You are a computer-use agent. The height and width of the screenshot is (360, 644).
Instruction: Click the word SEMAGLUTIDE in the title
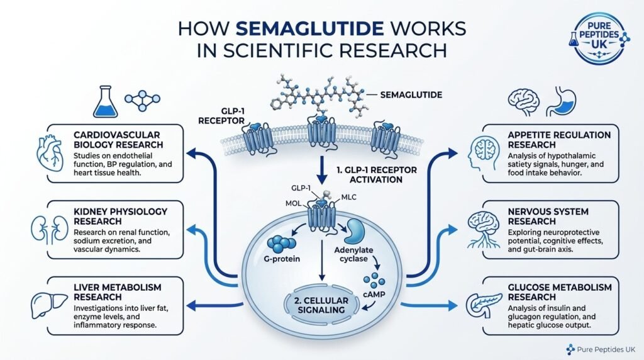point(310,28)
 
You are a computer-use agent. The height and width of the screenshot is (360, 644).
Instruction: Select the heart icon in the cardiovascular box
point(50,154)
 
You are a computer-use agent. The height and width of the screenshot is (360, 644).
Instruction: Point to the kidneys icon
point(50,229)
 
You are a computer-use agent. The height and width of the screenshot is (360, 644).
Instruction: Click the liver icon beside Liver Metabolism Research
point(49,305)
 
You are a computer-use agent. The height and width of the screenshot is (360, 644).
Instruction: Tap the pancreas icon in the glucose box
point(484,306)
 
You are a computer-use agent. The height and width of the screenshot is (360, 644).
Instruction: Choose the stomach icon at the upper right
point(562,101)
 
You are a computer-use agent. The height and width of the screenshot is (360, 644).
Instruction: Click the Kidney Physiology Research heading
point(120,216)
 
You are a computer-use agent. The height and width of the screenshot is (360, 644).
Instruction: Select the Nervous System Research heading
point(548,216)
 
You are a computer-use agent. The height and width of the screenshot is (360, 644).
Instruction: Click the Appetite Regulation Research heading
point(559,140)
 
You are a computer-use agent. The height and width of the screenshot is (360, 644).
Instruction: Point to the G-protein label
point(282,259)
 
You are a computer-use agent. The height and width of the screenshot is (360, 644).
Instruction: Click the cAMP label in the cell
point(374,295)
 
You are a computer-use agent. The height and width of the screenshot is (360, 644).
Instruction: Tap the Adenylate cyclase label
point(353,254)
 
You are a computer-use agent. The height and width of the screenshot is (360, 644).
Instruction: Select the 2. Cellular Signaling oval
point(321,305)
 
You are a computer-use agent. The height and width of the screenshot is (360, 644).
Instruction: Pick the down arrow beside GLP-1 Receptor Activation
point(323,170)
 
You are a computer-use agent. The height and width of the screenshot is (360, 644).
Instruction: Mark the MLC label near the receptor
point(348,197)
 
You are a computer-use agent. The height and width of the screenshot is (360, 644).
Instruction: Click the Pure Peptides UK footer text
point(606,349)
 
